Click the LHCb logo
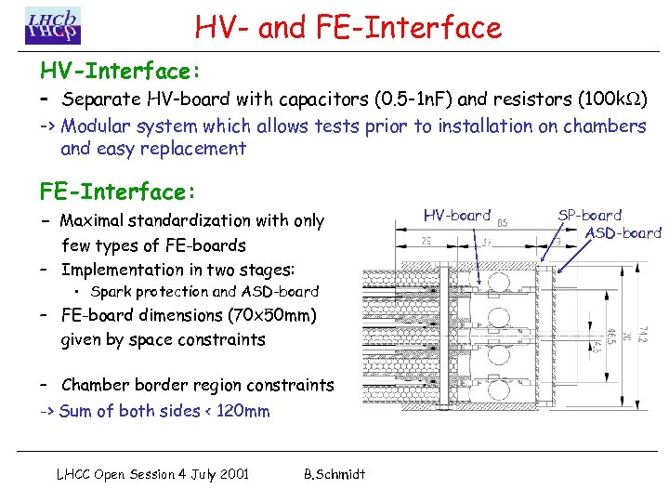[x=53, y=25]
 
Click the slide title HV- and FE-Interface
[x=348, y=27]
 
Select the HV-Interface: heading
[x=121, y=71]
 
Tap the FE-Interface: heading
[x=118, y=192]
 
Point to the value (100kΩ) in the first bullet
[x=612, y=99]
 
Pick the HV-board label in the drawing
[x=456, y=215]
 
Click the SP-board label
[x=589, y=215]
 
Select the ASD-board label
[x=623, y=232]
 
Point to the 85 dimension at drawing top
[x=503, y=223]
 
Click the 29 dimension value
[x=425, y=241]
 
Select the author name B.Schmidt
[x=334, y=474]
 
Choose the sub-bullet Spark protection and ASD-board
[x=204, y=292]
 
